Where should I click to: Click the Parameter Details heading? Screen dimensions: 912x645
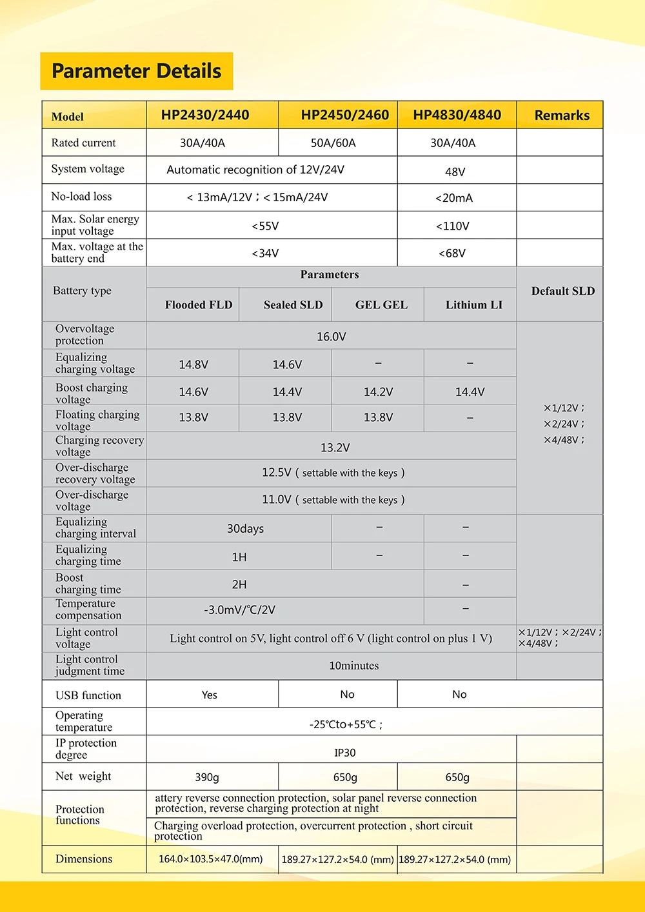[x=136, y=71]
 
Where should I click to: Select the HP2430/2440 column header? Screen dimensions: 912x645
[x=205, y=115]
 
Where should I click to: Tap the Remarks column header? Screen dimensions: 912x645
[x=562, y=115]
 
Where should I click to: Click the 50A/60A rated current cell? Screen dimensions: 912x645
[x=333, y=143]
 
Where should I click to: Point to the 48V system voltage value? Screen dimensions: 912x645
[x=455, y=172]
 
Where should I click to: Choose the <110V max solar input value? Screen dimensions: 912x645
[x=452, y=226]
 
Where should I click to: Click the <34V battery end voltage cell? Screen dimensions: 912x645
[x=265, y=253]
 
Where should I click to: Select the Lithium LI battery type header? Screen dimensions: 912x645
[x=473, y=305]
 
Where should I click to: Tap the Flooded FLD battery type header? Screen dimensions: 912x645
[x=199, y=305]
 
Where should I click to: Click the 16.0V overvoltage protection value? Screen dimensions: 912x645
[x=331, y=337]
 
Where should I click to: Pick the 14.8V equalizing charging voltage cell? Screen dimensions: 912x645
[x=193, y=365]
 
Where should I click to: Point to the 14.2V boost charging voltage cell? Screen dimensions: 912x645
[x=378, y=392]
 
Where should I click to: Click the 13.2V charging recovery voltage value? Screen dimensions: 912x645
[x=335, y=448]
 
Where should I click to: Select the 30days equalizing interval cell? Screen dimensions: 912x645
[x=245, y=529]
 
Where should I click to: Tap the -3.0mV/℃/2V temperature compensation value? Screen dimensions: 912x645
[x=239, y=610]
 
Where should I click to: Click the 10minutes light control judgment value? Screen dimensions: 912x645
[x=353, y=666]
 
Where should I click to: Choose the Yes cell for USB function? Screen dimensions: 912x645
[x=210, y=695]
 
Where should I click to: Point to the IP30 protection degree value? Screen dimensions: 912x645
[x=345, y=753]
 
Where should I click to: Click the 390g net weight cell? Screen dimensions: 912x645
[x=207, y=778]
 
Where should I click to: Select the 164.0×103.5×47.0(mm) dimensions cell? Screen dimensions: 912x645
[x=211, y=859]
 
